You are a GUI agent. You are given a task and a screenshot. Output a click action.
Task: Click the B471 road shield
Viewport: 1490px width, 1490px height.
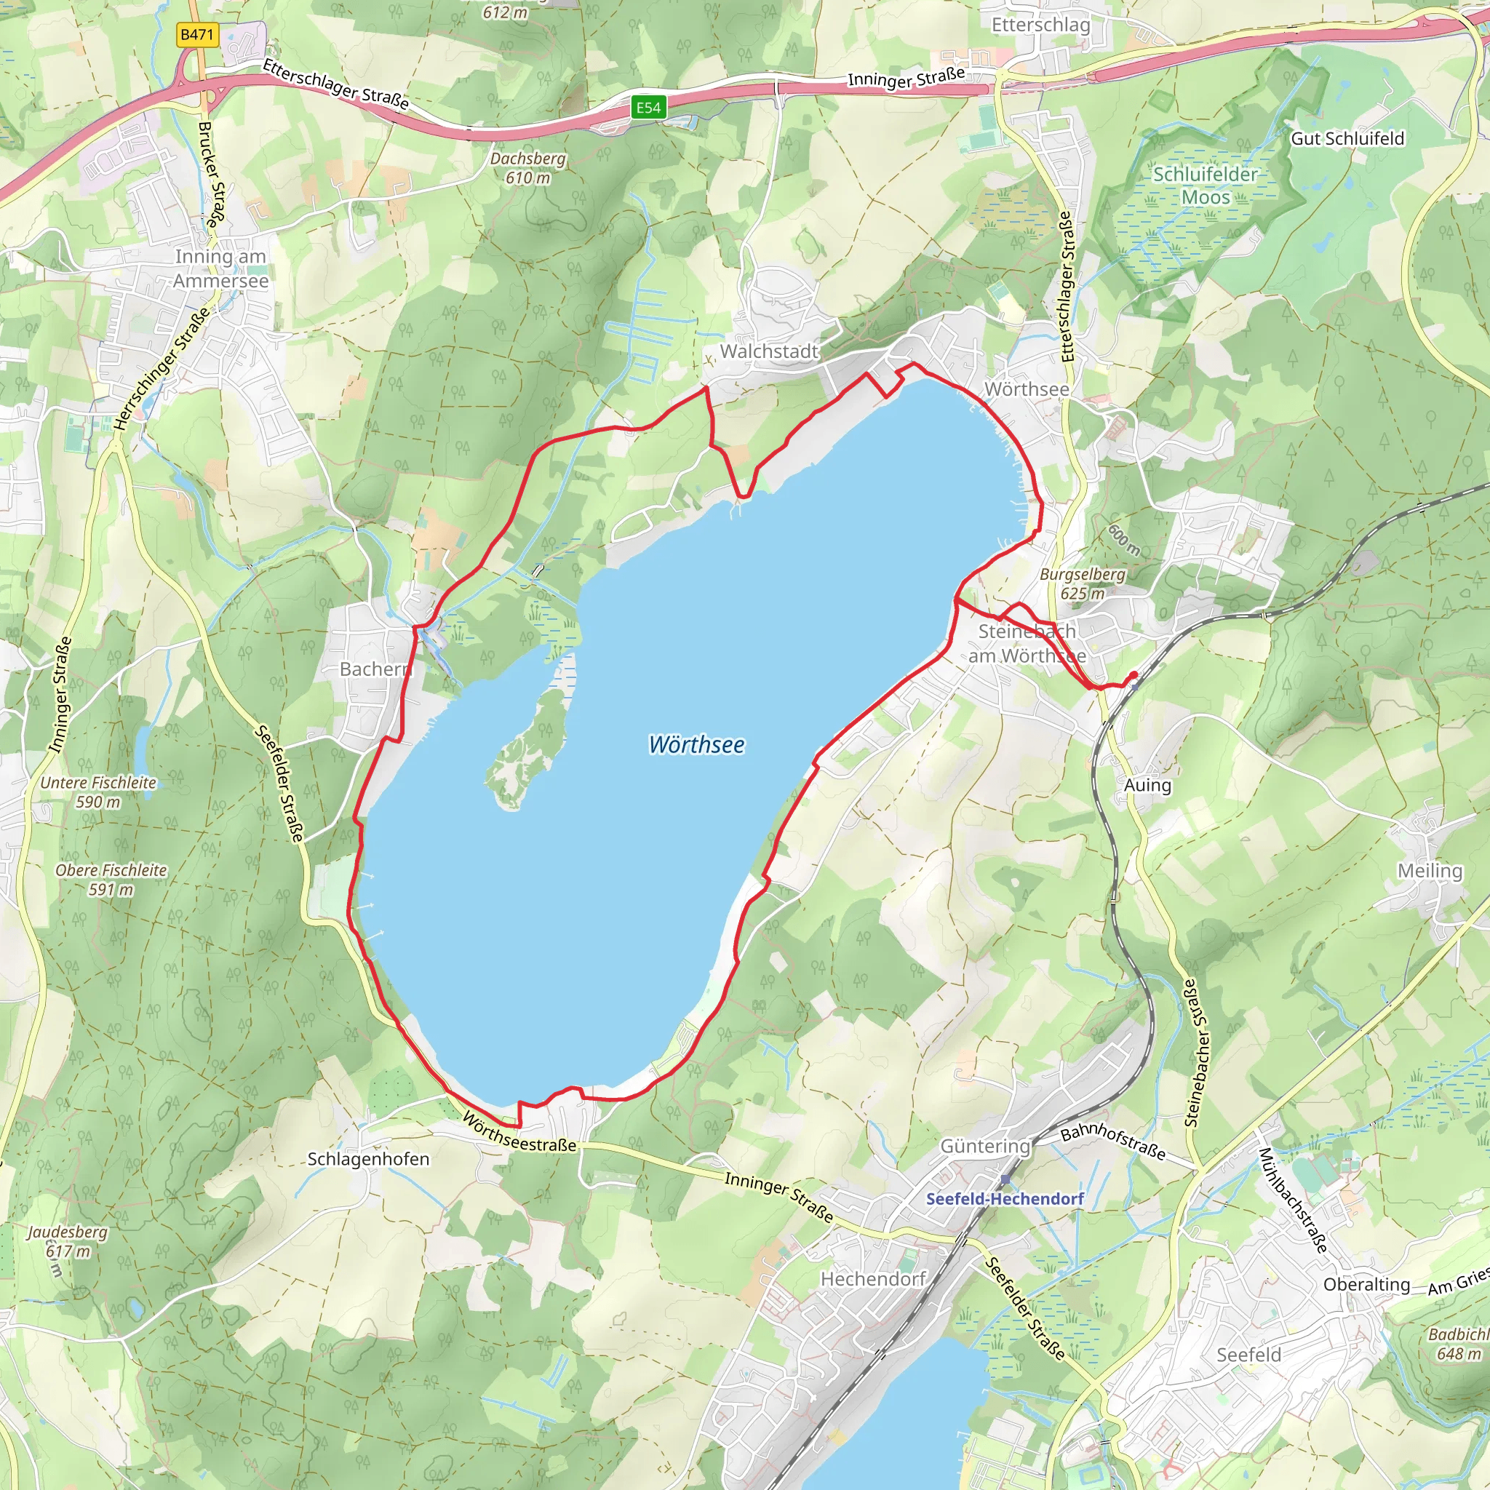click(x=196, y=35)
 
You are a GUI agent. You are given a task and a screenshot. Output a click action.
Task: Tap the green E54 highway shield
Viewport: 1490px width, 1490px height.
click(x=648, y=107)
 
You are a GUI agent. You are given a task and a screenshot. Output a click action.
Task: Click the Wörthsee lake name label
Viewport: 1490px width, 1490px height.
click(x=696, y=744)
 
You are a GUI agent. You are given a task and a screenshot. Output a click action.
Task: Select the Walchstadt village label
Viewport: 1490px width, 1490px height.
click(x=768, y=351)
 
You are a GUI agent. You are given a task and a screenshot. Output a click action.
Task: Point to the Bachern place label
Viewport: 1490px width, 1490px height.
click(x=375, y=669)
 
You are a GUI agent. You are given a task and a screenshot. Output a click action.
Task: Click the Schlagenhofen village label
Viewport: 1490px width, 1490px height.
click(x=368, y=1158)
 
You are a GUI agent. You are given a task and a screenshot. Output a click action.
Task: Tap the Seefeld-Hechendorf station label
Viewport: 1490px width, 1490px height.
click(x=1004, y=1198)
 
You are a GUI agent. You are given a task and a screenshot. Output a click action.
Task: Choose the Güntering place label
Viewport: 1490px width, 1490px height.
click(x=985, y=1146)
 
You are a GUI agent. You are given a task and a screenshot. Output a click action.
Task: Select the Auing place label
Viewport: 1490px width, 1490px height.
click(x=1147, y=785)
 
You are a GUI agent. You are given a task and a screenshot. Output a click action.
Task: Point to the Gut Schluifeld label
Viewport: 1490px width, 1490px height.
click(x=1347, y=138)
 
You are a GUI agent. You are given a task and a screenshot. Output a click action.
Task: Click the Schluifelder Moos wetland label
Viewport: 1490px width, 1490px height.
click(x=1205, y=185)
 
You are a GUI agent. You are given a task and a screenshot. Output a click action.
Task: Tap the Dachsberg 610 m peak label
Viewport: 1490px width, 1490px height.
click(x=527, y=167)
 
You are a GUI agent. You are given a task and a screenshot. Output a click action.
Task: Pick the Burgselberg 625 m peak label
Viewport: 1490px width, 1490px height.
click(x=1082, y=583)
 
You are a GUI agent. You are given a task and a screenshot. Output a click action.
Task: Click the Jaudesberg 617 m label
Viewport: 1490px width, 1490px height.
click(x=68, y=1241)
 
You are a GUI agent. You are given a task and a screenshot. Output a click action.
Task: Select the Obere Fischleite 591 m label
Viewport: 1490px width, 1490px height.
click(x=111, y=879)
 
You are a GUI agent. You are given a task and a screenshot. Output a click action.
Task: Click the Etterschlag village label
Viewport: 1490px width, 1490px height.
click(x=1040, y=25)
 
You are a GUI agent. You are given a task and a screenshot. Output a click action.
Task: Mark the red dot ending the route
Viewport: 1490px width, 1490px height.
click(x=1133, y=676)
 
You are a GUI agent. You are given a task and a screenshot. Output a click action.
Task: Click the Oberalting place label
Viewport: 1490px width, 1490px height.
click(x=1366, y=1284)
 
